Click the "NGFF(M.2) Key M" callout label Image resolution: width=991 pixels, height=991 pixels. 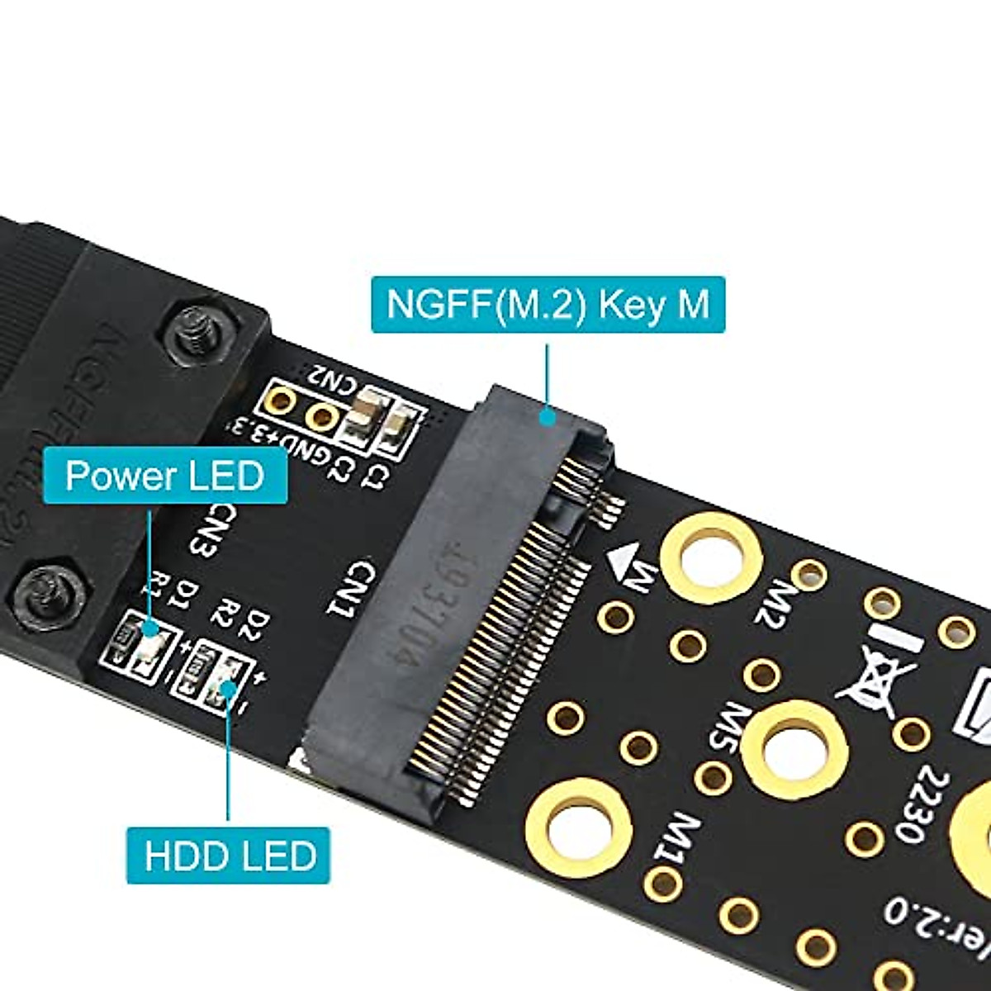[x=548, y=305]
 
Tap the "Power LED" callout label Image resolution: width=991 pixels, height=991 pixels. [x=164, y=477]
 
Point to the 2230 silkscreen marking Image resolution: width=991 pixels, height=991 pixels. [x=929, y=804]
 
